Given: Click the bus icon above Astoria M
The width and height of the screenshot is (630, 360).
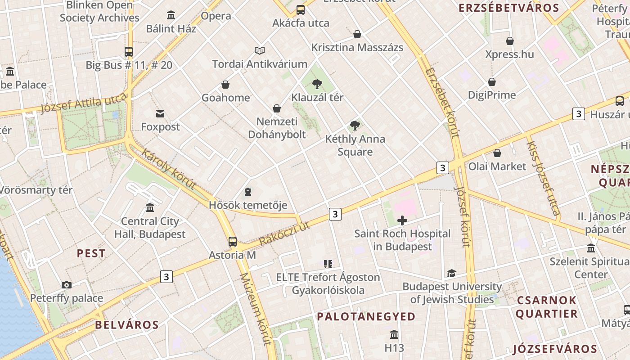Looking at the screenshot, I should click(x=232, y=242).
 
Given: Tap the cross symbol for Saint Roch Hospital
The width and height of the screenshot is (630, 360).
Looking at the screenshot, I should click(x=402, y=220).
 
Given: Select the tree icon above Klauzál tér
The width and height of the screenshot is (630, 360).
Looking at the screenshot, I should click(x=317, y=84).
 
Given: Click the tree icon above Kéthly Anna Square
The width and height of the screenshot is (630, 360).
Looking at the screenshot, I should click(x=355, y=126).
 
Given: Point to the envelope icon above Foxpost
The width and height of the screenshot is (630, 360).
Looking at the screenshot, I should click(x=160, y=113).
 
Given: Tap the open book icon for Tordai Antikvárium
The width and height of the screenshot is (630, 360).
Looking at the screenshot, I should click(x=260, y=50).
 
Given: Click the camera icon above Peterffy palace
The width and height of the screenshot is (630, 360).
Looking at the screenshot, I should click(x=67, y=285).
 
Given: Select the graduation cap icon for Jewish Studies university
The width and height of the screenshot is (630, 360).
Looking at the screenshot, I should click(x=451, y=273).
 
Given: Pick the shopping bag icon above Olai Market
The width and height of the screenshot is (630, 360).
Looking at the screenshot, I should click(x=497, y=153).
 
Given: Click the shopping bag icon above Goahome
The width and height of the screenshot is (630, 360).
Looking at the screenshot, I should click(x=225, y=85).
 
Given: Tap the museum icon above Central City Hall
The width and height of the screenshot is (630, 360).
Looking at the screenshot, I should click(x=150, y=207).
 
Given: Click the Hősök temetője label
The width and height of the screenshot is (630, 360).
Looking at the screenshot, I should click(x=248, y=205).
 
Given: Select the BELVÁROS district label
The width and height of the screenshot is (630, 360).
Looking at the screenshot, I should click(x=127, y=325).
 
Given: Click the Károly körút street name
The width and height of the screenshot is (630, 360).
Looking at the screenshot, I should click(x=169, y=169).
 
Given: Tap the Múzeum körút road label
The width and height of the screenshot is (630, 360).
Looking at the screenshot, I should click(x=255, y=309).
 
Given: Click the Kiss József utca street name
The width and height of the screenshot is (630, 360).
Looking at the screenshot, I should click(x=543, y=178).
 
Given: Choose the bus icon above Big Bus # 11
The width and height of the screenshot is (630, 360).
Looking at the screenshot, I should click(x=129, y=52).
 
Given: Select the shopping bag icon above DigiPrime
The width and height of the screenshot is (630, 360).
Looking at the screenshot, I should click(x=492, y=82).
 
